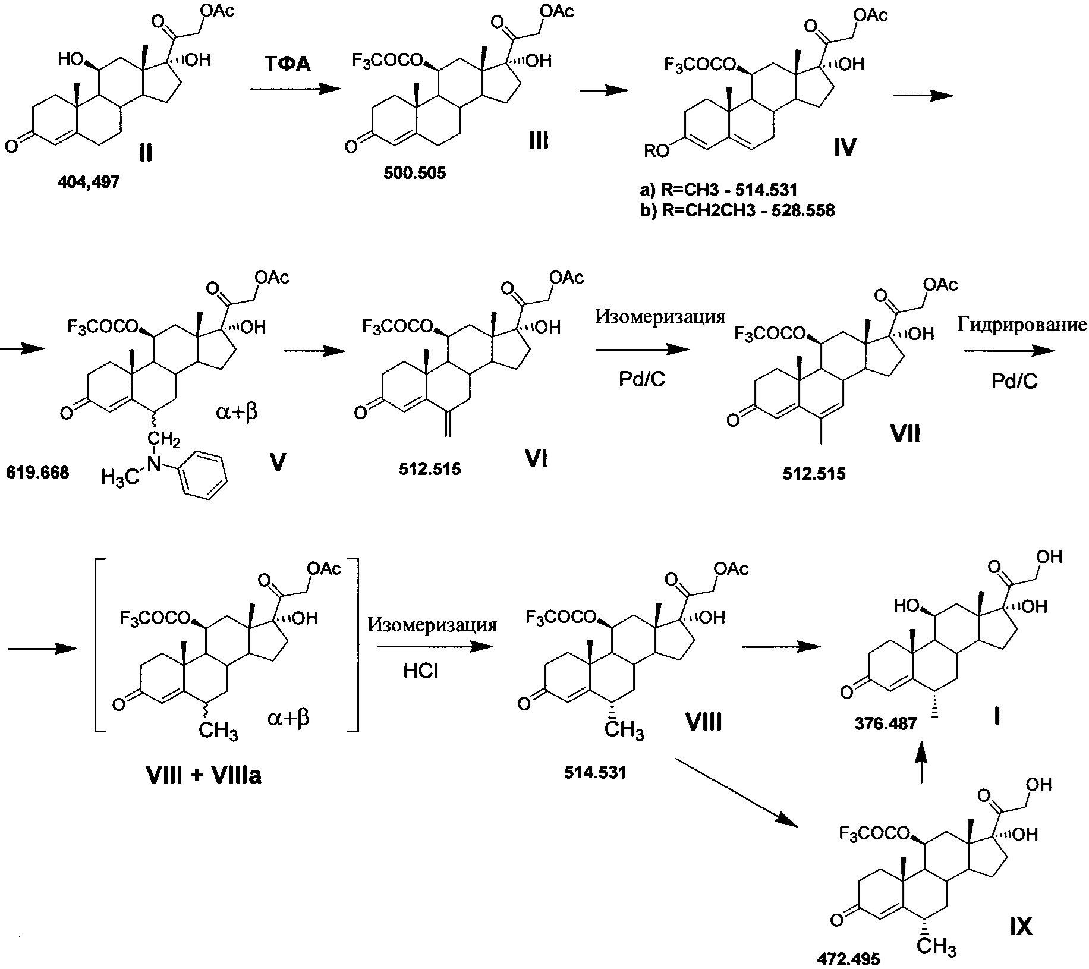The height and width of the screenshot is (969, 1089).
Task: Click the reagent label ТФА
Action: (288, 64)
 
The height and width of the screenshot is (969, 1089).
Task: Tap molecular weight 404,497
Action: (89, 183)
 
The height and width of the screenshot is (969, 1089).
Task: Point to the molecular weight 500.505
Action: (415, 174)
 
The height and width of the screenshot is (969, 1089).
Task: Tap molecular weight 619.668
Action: (37, 473)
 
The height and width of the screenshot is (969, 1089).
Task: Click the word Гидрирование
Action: (1022, 324)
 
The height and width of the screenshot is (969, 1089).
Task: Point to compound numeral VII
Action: (905, 435)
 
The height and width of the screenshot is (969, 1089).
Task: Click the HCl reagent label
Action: (421, 671)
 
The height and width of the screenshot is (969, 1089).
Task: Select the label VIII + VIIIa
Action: (203, 776)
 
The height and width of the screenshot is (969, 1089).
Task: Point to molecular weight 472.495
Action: (848, 958)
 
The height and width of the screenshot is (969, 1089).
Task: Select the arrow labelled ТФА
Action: (297, 89)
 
